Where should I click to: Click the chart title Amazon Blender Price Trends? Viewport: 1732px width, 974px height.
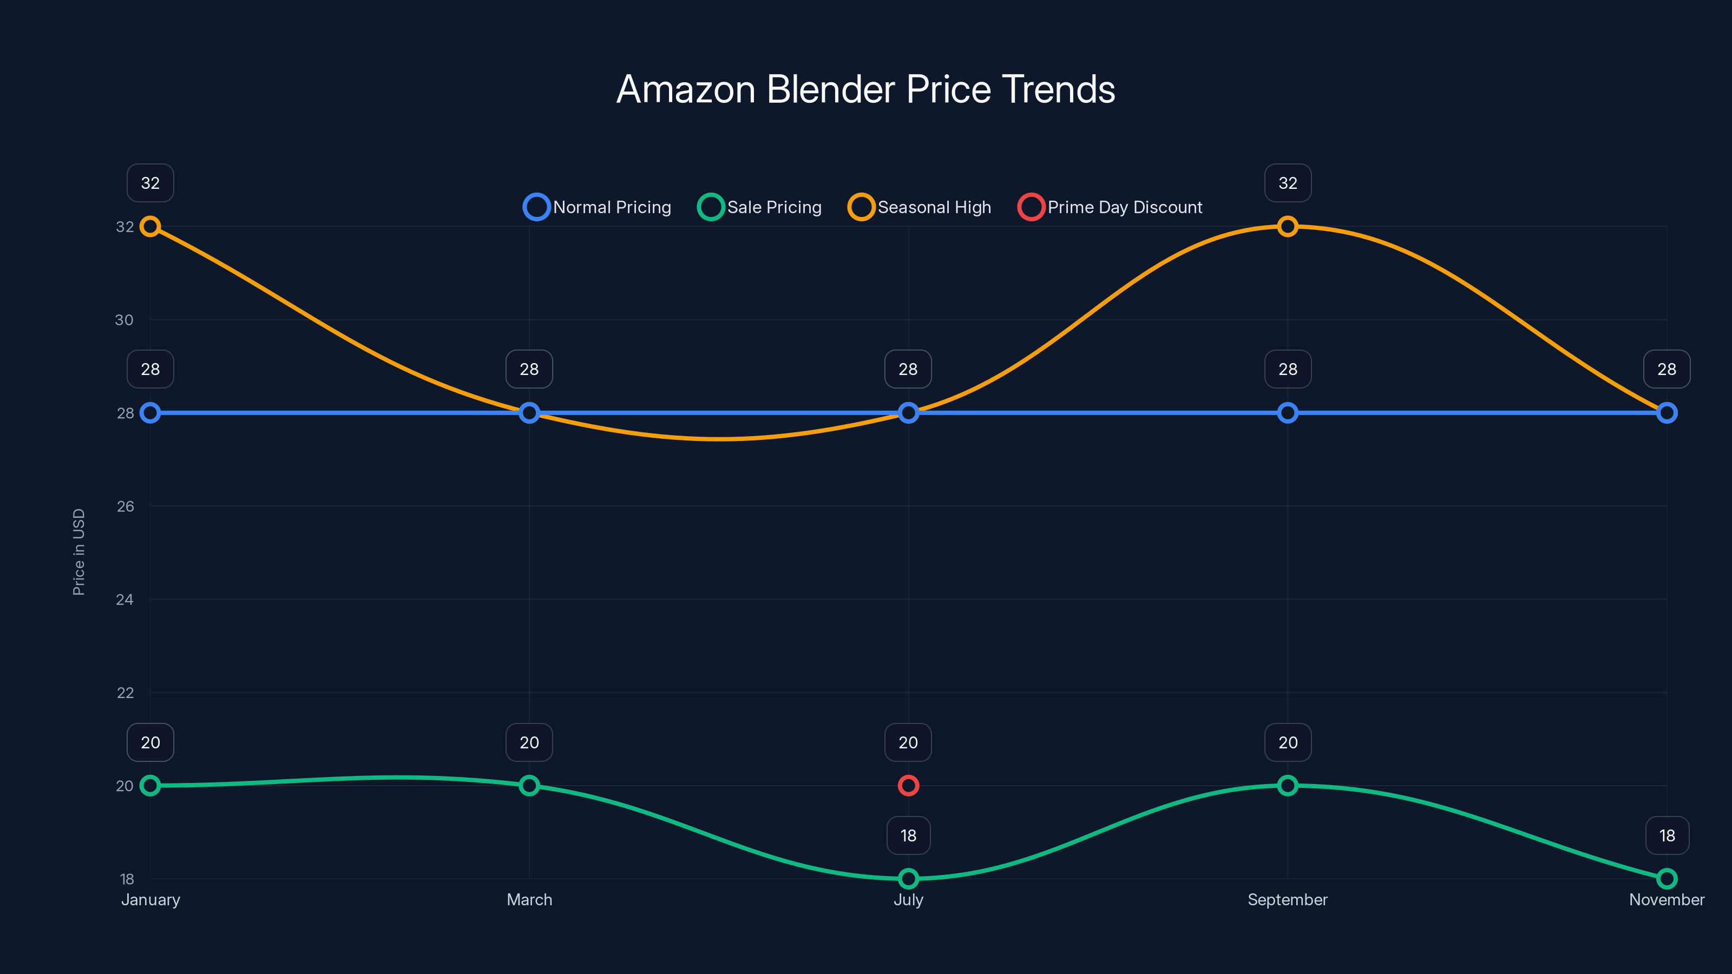865,89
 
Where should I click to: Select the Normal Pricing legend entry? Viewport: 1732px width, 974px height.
598,207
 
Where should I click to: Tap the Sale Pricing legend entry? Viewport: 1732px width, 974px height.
760,207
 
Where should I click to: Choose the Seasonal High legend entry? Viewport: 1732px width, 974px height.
920,207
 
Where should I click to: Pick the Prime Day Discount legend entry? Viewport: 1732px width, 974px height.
1110,207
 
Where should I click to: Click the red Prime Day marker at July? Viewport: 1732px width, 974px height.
908,785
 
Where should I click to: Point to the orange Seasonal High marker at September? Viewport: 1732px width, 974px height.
1287,227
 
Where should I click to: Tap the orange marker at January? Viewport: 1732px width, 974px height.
150,227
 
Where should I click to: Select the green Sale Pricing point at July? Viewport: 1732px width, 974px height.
908,878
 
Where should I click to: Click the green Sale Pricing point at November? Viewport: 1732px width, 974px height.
1666,878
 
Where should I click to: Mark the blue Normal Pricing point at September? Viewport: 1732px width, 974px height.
1287,413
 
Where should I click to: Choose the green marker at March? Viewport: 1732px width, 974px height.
529,785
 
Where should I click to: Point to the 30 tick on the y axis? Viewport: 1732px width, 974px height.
124,320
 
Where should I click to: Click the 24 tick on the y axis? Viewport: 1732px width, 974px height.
124,600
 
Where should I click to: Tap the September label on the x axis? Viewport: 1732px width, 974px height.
1287,899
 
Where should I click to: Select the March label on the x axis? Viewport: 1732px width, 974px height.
529,899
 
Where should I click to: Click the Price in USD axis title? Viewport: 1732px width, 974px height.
78,552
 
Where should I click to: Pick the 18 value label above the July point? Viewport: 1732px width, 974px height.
908,835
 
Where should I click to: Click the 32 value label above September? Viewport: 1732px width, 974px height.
1287,183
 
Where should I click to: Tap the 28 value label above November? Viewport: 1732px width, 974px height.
1666,369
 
